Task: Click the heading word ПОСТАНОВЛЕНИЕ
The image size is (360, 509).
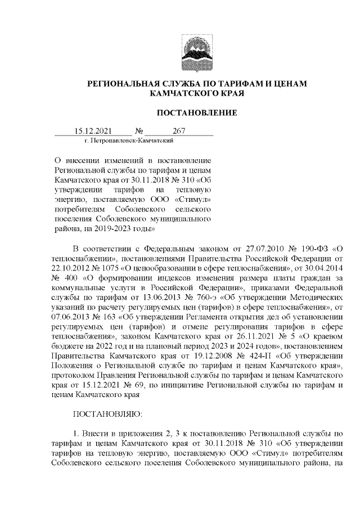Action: click(196, 113)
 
